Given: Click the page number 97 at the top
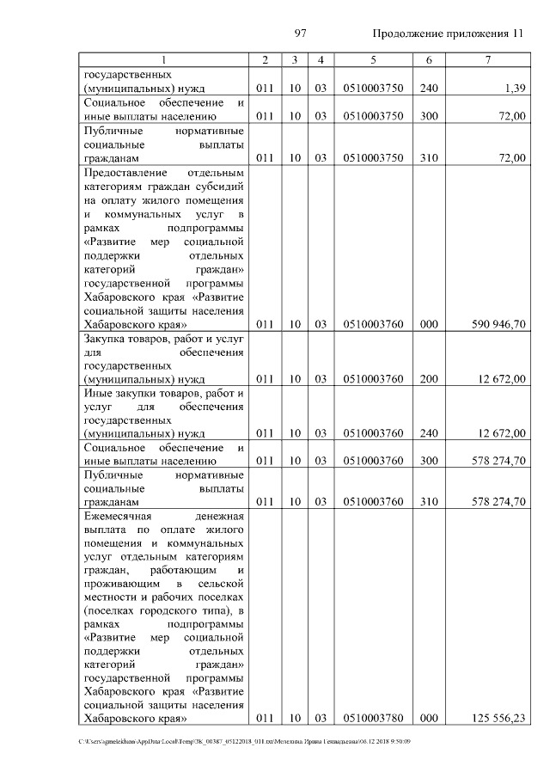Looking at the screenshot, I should pos(301,34).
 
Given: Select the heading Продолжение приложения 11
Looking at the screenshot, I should pos(448,34).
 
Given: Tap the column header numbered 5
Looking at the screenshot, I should pos(373,59).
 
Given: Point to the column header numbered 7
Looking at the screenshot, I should pos(486,59).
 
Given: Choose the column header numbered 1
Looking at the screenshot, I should pos(163,59).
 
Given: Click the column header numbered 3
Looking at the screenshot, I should pos(294,59).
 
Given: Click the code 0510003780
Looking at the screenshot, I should pos(373,718).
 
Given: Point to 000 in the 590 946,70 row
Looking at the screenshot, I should pos(428,325).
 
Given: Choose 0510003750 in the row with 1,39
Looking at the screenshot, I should pos(373,89).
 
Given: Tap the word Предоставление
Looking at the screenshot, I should pos(125,172).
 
